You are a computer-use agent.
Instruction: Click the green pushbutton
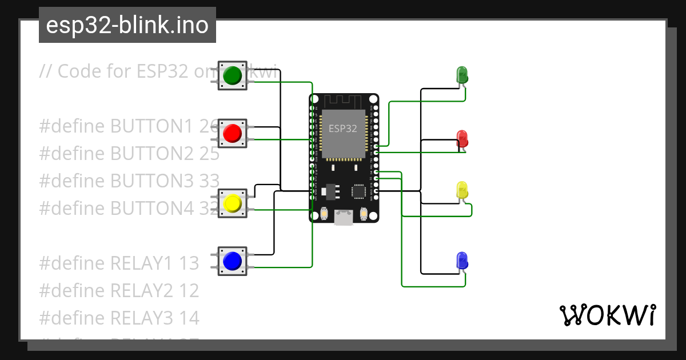tap(232, 75)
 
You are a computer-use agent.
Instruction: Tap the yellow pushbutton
tap(232, 203)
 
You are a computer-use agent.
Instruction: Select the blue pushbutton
tap(232, 261)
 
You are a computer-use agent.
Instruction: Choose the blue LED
tap(462, 261)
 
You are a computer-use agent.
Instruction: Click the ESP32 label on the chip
tap(343, 129)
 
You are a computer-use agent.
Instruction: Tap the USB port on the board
tap(344, 217)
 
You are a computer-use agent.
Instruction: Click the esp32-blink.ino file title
tap(127, 25)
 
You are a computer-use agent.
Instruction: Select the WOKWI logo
tap(607, 315)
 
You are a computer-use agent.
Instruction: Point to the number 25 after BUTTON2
tap(209, 154)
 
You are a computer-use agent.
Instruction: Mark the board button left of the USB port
tap(324, 214)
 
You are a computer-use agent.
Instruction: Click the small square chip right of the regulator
tap(359, 191)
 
